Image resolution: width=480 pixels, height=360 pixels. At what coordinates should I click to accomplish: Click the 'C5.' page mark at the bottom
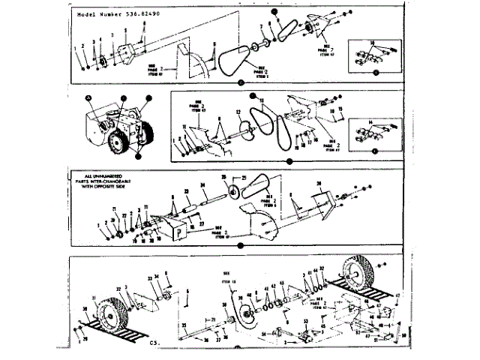click(153, 341)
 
